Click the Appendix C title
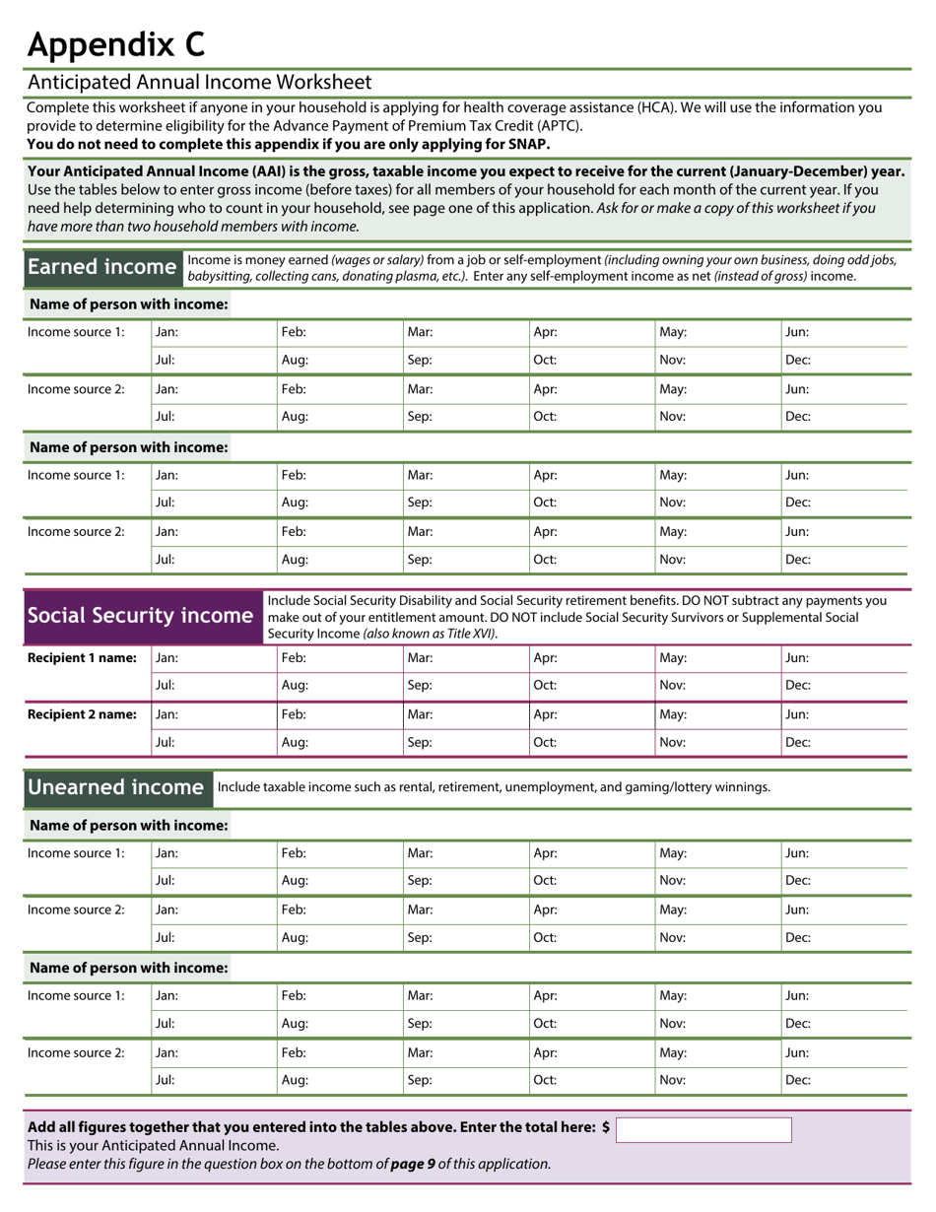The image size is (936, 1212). click(x=115, y=44)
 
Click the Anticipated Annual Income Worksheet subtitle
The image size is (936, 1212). click(x=199, y=82)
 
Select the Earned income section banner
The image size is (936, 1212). click(x=101, y=267)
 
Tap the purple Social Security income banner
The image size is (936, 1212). click(x=139, y=616)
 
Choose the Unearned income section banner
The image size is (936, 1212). click(x=115, y=787)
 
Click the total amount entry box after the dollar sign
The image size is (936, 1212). click(x=702, y=1129)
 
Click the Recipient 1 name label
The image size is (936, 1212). click(x=82, y=657)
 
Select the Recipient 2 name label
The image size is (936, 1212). click(x=82, y=714)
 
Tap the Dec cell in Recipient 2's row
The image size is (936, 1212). click(x=843, y=742)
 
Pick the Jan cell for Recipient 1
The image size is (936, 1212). click(x=213, y=657)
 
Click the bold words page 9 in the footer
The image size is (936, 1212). click(x=413, y=1164)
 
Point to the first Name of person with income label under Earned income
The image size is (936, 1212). click(x=128, y=304)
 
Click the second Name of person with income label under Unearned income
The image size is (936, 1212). click(x=128, y=968)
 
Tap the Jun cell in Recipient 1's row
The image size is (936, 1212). click(x=843, y=657)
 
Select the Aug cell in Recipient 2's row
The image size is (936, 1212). click(x=339, y=742)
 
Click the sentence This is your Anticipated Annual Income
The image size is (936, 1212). click(x=153, y=1146)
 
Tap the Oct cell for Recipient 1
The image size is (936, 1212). click(x=591, y=685)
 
